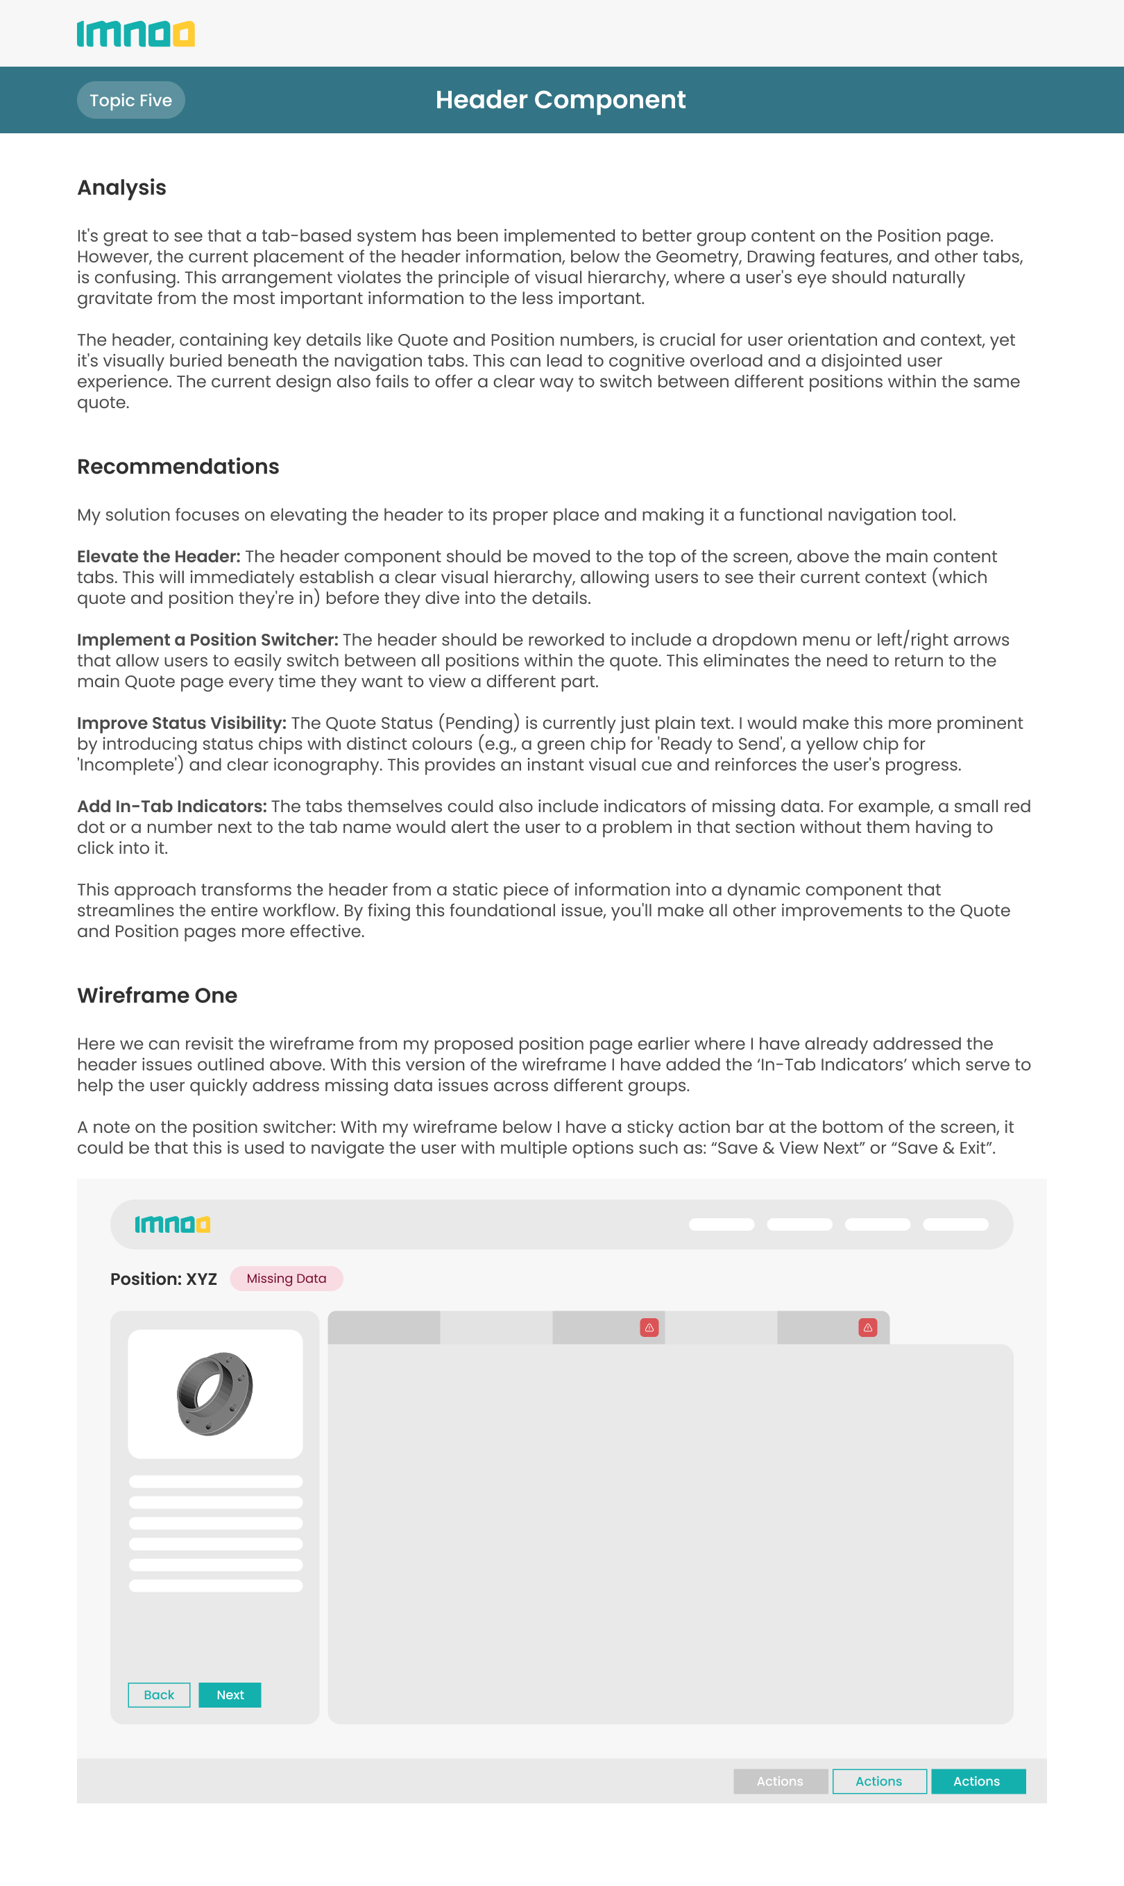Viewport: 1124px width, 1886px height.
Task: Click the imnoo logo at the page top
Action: [x=135, y=34]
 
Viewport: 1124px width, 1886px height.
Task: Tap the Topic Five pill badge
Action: [x=130, y=100]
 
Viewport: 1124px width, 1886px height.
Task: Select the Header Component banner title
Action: [x=561, y=100]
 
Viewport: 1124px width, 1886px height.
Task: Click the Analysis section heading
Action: [x=121, y=187]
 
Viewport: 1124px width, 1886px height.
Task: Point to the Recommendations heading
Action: [x=178, y=466]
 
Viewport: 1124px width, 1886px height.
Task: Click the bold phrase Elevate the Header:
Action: [x=158, y=556]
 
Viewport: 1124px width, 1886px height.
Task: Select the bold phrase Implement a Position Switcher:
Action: [x=207, y=639]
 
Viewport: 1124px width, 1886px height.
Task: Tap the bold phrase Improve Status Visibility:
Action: [x=182, y=723]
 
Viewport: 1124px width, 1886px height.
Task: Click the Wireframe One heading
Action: [x=157, y=995]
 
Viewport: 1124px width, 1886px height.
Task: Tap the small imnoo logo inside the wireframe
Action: [x=172, y=1224]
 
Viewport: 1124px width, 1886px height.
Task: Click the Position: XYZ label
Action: [x=164, y=1279]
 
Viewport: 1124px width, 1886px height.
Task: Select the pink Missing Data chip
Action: [x=287, y=1279]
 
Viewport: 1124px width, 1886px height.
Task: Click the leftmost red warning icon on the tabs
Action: [x=649, y=1327]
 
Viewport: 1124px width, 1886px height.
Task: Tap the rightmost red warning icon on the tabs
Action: [x=868, y=1327]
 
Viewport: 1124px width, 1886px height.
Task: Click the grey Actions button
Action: [x=780, y=1781]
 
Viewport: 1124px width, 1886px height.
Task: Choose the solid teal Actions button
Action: [x=978, y=1781]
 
